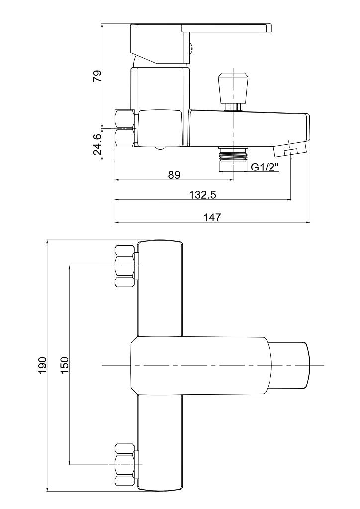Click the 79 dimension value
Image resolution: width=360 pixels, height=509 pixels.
pos(98,76)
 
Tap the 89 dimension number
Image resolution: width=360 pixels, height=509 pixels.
pos(174,175)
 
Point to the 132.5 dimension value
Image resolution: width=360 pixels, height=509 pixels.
pos(203,195)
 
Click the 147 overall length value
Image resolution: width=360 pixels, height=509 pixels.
pos(212,217)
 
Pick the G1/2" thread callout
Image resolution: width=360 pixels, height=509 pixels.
pos(265,167)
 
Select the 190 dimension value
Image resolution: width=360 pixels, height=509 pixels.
pos(43,365)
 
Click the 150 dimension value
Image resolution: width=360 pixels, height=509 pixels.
pos(64,365)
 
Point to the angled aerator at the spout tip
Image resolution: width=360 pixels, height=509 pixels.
pos(290,149)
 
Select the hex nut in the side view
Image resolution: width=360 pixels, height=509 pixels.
pos(125,128)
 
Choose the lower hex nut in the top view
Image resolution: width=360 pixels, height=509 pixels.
pos(125,465)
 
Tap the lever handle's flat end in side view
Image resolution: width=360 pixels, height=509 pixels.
pos(269,28)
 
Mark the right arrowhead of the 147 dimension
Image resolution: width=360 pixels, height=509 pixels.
pos(308,222)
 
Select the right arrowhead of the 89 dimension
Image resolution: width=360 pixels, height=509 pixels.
pos(231,180)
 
